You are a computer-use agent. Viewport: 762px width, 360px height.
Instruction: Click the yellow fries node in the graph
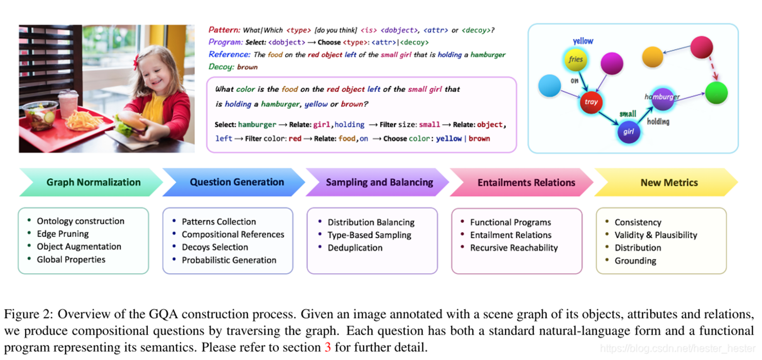tap(576, 59)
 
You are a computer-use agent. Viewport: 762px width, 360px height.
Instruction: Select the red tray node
tap(591, 102)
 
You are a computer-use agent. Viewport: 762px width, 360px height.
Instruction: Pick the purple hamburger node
tap(662, 99)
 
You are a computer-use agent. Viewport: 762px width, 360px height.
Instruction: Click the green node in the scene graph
tap(716, 93)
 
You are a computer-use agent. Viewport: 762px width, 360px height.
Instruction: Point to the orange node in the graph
tap(652, 57)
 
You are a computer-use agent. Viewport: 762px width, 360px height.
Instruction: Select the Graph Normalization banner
tap(93, 182)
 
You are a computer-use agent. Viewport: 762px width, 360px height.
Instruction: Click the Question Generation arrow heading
tap(237, 182)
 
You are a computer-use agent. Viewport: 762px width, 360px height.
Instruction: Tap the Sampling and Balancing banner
tap(379, 182)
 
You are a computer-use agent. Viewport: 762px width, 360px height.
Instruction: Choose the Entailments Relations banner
tap(526, 182)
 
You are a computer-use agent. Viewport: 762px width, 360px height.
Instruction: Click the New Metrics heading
tap(669, 182)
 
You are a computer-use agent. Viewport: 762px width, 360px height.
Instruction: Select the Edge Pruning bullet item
tap(63, 234)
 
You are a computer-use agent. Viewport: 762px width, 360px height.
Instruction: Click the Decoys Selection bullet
tap(215, 247)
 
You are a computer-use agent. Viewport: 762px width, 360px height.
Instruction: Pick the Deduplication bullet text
tap(355, 248)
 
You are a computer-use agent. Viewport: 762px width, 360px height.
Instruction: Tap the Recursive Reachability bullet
tap(514, 248)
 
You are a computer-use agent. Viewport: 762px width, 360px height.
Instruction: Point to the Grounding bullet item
tap(635, 261)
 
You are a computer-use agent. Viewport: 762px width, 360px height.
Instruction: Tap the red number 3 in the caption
tap(328, 348)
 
